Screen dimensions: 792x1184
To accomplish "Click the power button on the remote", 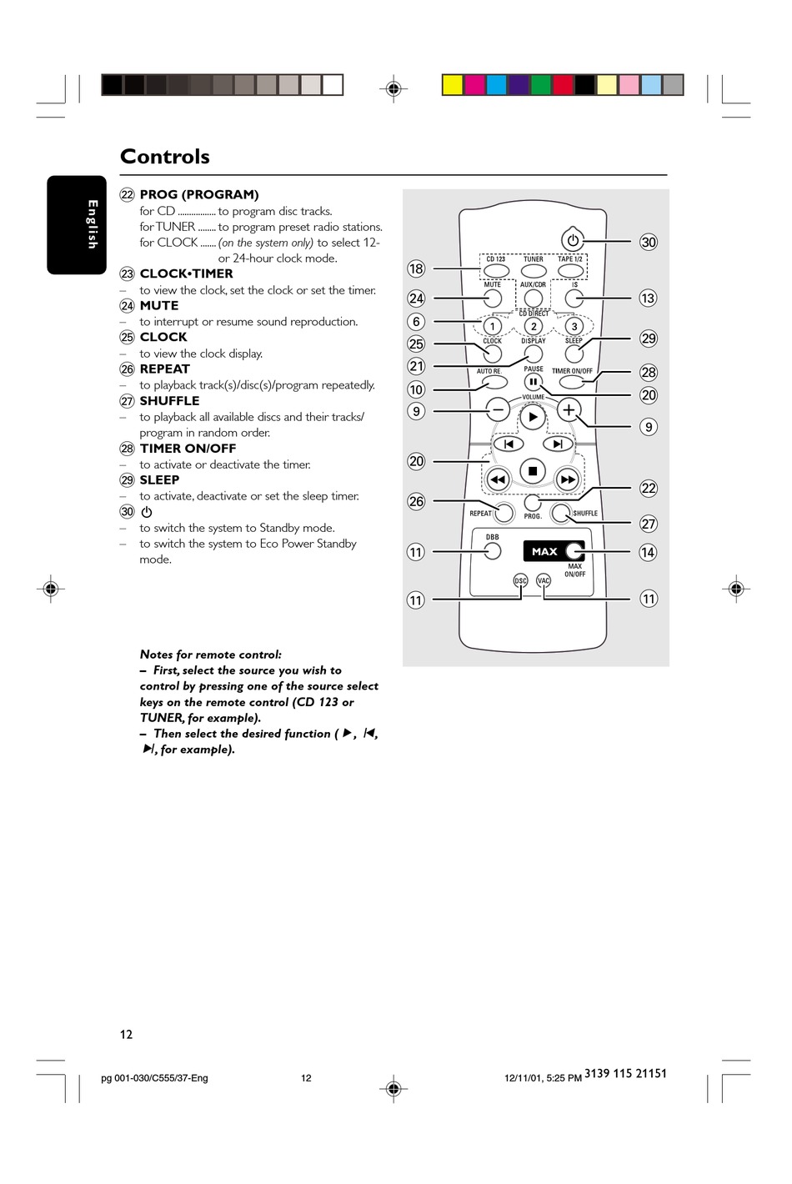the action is point(573,240).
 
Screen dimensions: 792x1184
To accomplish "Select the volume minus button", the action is point(498,409).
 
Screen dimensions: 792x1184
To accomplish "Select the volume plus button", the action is point(569,409).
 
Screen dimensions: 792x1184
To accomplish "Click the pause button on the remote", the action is point(533,382).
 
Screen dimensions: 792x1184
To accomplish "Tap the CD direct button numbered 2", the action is point(534,326).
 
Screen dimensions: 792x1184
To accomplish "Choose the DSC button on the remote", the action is point(520,580).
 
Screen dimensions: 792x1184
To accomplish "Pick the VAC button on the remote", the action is point(544,580).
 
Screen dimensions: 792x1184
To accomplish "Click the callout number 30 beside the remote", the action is point(649,242).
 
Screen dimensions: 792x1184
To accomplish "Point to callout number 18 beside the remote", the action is point(416,268).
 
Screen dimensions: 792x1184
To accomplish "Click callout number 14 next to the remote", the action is point(648,552).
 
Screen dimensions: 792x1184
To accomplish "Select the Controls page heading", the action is point(165,157).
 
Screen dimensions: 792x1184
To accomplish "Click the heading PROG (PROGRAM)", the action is point(199,194).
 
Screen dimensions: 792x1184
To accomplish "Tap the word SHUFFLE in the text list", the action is point(169,401).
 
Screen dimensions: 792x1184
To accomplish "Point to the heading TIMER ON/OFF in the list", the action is point(188,449).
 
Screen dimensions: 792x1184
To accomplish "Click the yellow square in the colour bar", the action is point(452,85).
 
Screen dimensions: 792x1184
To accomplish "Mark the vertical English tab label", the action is point(92,224).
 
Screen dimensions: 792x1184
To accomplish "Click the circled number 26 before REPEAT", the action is point(127,369).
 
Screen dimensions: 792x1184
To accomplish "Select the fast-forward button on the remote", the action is point(568,479).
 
